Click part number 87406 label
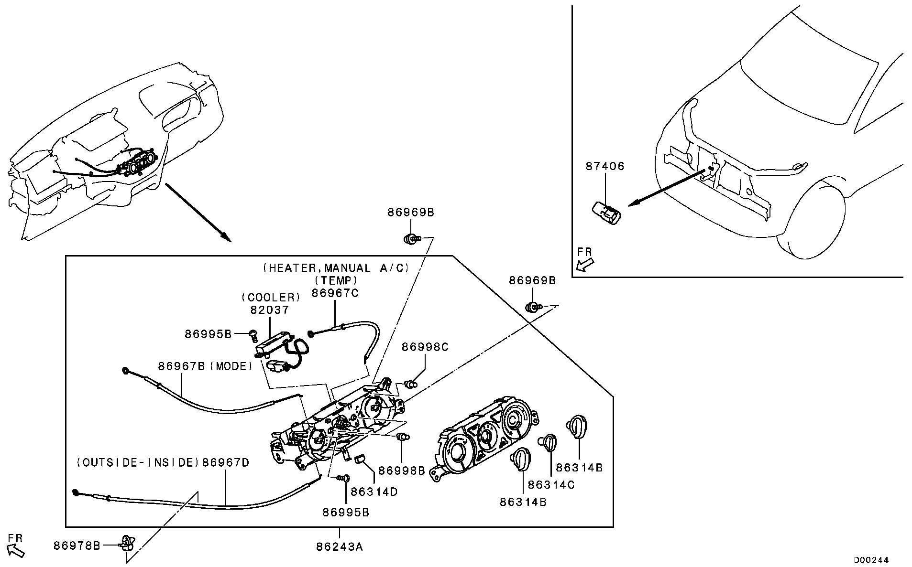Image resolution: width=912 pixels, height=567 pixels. click(605, 166)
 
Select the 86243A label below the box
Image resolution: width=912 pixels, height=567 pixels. click(339, 547)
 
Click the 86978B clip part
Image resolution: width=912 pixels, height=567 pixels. click(128, 544)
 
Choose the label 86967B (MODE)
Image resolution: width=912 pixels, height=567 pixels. click(205, 366)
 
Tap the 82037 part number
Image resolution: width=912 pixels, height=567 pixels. click(270, 310)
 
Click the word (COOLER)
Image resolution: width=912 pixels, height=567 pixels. click(271, 298)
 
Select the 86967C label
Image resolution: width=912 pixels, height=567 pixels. click(335, 293)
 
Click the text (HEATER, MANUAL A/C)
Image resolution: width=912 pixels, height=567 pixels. click(336, 268)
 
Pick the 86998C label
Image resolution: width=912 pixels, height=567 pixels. click(425, 347)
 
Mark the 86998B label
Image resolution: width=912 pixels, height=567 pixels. click(401, 471)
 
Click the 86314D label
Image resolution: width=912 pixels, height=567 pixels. click(374, 492)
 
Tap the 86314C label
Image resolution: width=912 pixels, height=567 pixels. click(551, 485)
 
